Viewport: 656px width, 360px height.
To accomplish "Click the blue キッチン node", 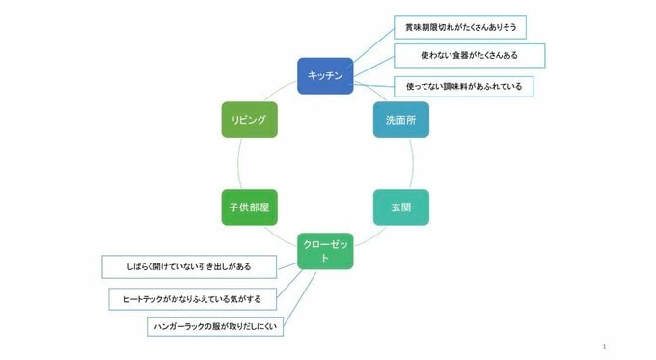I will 325,75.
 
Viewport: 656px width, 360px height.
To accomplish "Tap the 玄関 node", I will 400,207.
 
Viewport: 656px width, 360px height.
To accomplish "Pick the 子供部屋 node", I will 249,207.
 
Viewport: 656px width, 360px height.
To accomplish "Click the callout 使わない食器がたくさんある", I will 470,57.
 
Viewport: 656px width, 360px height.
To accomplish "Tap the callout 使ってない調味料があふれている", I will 464,86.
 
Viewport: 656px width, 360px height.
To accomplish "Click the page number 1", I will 603,346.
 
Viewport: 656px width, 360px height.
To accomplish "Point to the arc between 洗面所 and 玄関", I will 413,163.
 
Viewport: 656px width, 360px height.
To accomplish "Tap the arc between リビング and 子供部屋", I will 237,163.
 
